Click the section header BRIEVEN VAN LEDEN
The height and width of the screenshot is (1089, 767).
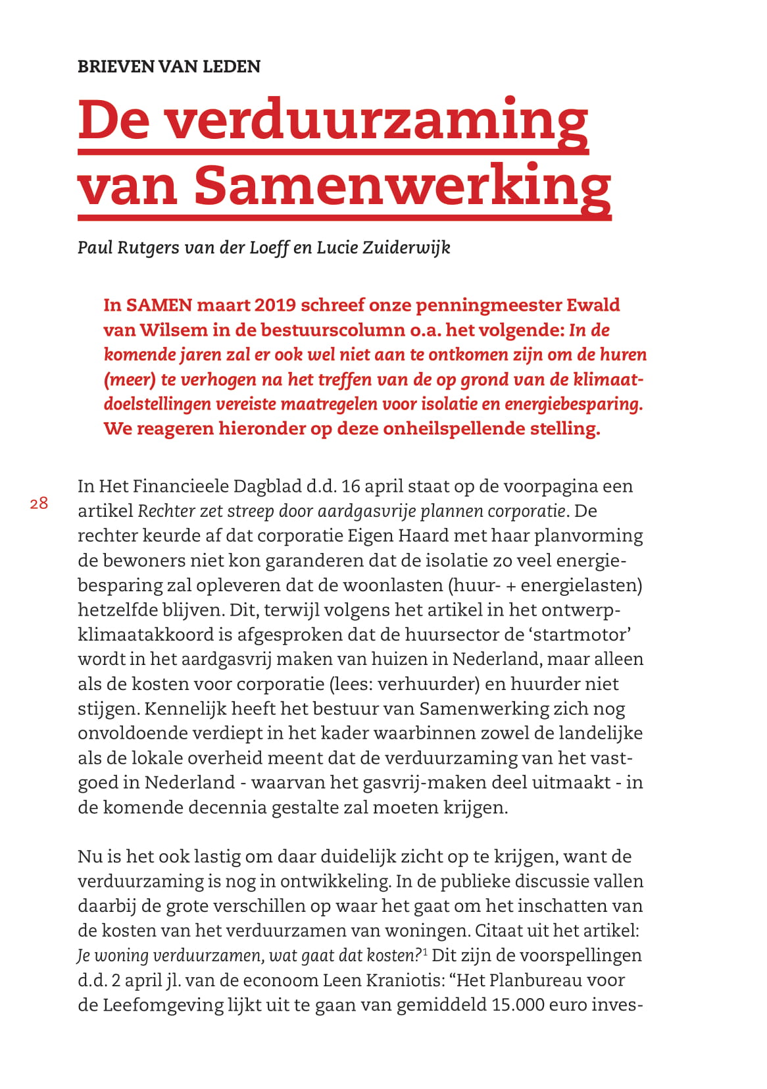click(169, 66)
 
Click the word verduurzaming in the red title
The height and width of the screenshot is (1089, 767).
click(376, 120)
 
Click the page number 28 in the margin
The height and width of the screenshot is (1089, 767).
click(39, 504)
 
